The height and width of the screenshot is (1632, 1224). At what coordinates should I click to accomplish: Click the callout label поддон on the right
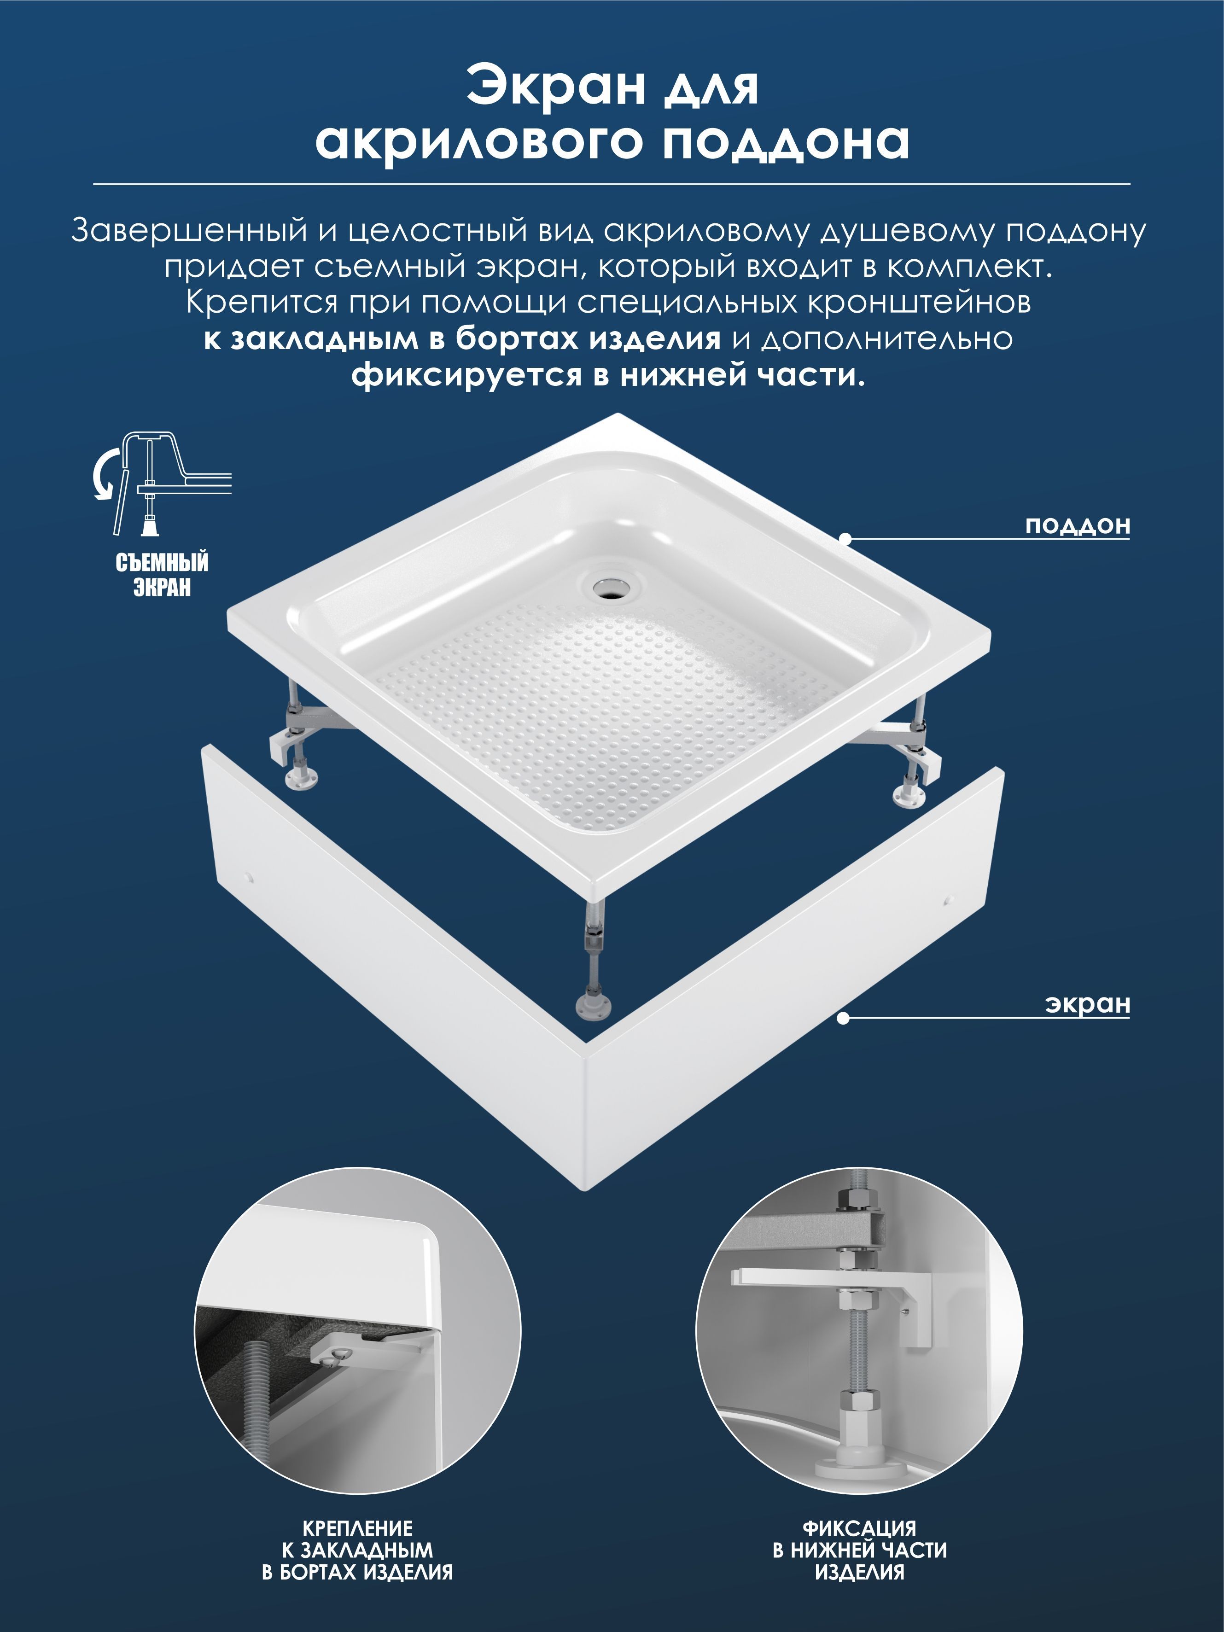coord(1077,526)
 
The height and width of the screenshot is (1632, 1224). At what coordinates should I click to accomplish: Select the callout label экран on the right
coord(1088,1004)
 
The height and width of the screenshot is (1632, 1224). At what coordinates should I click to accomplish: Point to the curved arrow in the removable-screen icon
coord(107,474)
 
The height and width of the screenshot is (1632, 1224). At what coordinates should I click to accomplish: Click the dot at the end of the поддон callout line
coord(845,539)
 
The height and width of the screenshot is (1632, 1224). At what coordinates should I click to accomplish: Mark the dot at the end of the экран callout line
coord(843,1018)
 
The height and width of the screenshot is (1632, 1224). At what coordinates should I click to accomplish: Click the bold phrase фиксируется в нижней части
coord(607,376)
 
